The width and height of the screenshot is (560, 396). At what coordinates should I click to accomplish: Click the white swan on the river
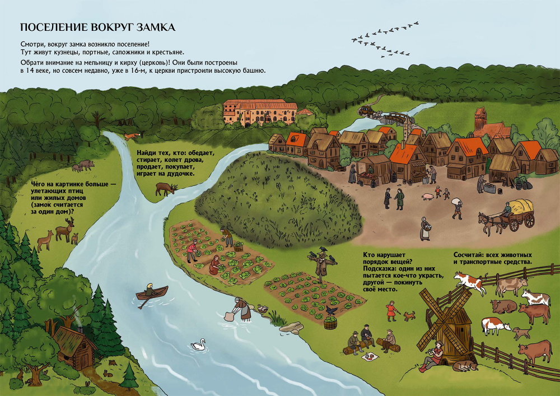pyautogui.click(x=198, y=345)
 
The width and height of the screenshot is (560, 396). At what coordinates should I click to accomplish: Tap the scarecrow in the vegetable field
pyautogui.click(x=322, y=265)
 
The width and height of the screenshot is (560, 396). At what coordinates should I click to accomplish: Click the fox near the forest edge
pyautogui.click(x=132, y=136)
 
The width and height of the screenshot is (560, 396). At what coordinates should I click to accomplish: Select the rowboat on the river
pyautogui.click(x=152, y=293)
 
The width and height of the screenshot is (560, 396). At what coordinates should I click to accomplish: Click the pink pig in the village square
pyautogui.click(x=427, y=197)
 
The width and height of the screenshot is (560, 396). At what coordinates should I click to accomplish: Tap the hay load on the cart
pyautogui.click(x=521, y=207)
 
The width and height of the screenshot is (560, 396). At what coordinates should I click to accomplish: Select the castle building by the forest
pyautogui.click(x=260, y=112)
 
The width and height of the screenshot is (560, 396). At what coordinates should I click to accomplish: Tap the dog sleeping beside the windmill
pyautogui.click(x=465, y=366)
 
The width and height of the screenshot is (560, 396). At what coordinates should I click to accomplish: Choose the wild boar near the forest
pyautogui.click(x=86, y=164)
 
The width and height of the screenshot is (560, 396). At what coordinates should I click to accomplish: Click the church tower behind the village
pyautogui.click(x=480, y=119)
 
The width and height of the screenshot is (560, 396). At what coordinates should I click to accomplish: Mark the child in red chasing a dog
pyautogui.click(x=391, y=311)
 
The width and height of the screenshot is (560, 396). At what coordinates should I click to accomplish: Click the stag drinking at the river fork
pyautogui.click(x=166, y=189)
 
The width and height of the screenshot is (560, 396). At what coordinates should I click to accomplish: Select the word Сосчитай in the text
pyautogui.click(x=468, y=255)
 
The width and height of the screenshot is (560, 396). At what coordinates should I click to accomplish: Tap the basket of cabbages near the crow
pyautogui.click(x=330, y=323)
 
